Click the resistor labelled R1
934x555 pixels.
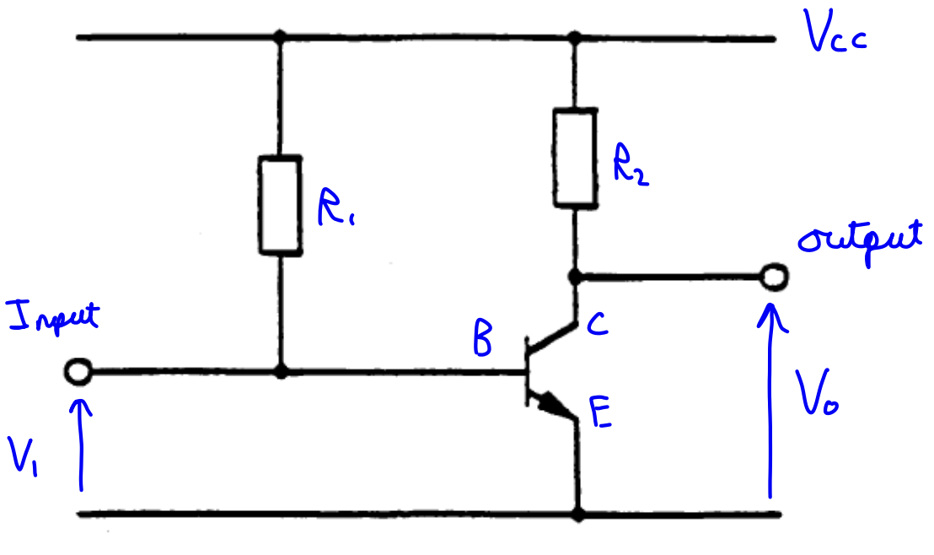[x=280, y=204]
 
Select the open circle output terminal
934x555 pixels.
[x=772, y=276]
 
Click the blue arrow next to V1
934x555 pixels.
[x=82, y=443]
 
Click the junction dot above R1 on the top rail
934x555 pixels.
[x=280, y=38]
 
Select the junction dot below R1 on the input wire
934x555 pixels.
[x=280, y=371]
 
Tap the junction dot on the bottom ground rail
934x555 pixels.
[x=577, y=512]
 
